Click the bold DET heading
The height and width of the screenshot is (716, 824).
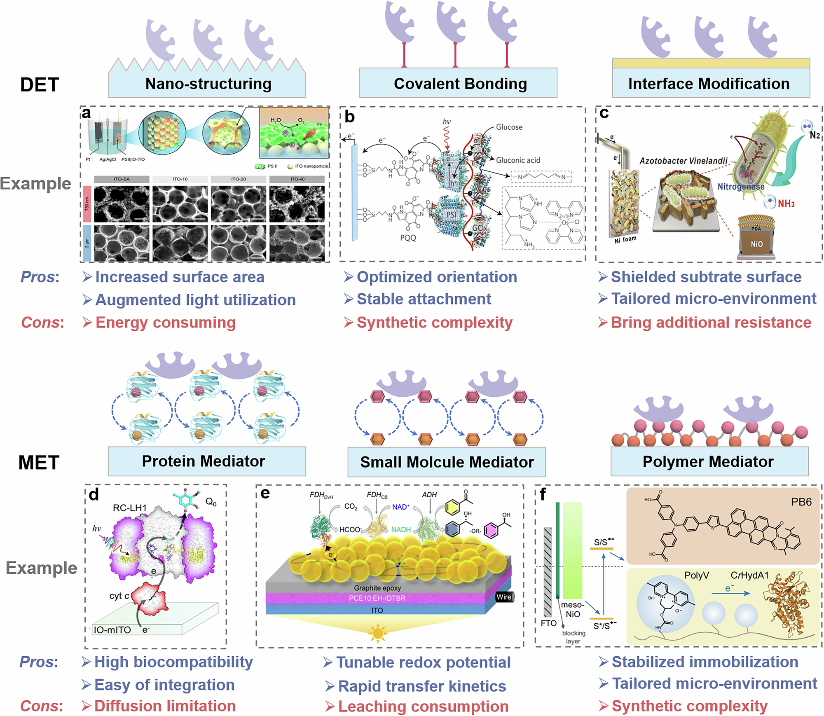pos(40,85)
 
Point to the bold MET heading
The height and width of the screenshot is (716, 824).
pos(39,463)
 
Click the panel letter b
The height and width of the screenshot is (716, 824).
pos(349,117)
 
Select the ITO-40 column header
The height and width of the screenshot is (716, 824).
pos(297,179)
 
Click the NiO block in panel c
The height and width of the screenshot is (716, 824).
pos(756,244)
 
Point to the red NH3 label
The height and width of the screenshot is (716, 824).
pos(786,204)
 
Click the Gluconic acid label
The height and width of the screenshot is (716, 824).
pos(517,160)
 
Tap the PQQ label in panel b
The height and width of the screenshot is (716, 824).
pos(408,238)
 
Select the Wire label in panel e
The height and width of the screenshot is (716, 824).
pos(503,597)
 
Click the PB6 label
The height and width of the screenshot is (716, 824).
pos(801,502)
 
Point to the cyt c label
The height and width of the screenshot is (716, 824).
pos(119,596)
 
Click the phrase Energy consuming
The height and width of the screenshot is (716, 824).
pos(165,323)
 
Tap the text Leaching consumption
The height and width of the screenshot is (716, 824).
pos(423,707)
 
